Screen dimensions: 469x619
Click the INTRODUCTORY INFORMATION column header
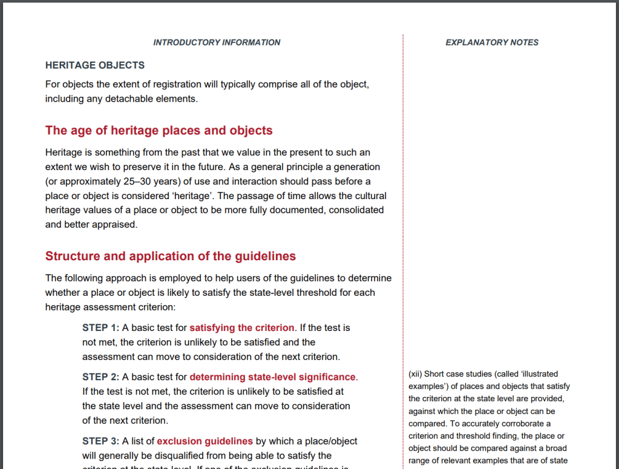(x=217, y=42)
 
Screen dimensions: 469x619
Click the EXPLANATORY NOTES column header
(x=491, y=42)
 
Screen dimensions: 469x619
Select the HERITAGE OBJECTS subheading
(x=95, y=65)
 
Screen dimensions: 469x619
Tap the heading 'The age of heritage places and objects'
(x=159, y=131)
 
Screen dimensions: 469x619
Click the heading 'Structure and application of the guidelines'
(x=171, y=256)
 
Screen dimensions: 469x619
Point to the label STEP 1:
(x=100, y=327)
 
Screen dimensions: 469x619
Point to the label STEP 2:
(x=100, y=377)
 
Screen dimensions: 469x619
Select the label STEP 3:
(x=100, y=441)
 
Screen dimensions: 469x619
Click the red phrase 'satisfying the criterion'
(x=241, y=327)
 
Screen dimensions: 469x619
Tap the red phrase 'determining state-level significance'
(x=272, y=377)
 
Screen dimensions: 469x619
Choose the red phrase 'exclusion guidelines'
(x=205, y=441)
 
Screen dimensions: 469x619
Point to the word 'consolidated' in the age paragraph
(x=357, y=210)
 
